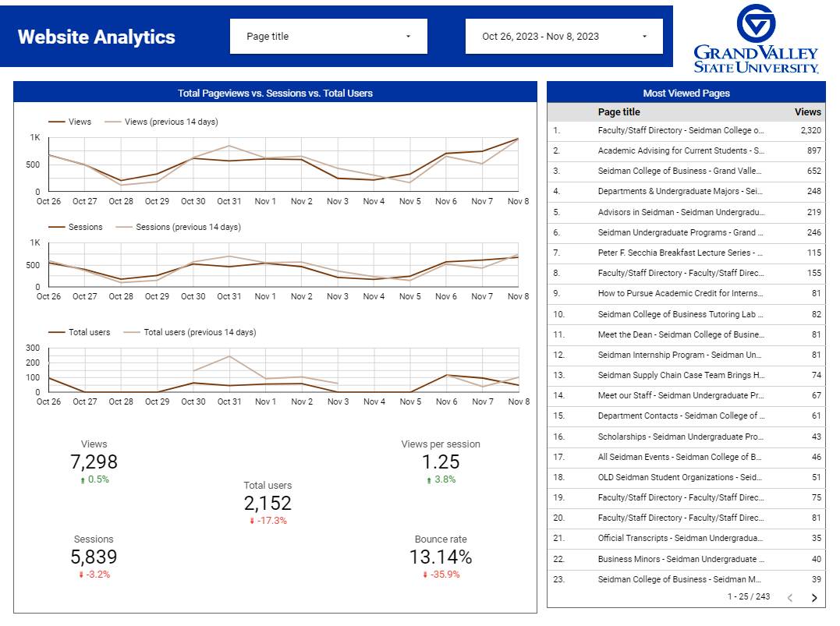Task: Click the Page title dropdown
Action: click(x=328, y=37)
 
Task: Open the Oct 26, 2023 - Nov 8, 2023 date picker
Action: click(x=564, y=37)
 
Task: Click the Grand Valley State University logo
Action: click(x=756, y=40)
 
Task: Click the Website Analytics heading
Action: click(x=97, y=37)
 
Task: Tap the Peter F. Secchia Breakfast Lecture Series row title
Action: click(x=680, y=253)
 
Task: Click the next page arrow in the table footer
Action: click(x=814, y=598)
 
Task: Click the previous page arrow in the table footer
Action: click(x=789, y=598)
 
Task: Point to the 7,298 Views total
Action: click(x=94, y=462)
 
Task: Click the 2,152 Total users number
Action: click(x=268, y=504)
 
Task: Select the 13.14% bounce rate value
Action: click(x=441, y=557)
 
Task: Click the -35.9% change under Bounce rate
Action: click(x=441, y=575)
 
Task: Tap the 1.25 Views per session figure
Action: click(x=441, y=462)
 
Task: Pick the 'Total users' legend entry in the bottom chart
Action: click(x=89, y=333)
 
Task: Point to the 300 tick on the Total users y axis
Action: click(x=34, y=348)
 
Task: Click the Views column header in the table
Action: click(x=807, y=112)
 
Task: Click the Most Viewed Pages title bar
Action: click(x=686, y=94)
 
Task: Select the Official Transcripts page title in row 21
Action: click(x=680, y=538)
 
